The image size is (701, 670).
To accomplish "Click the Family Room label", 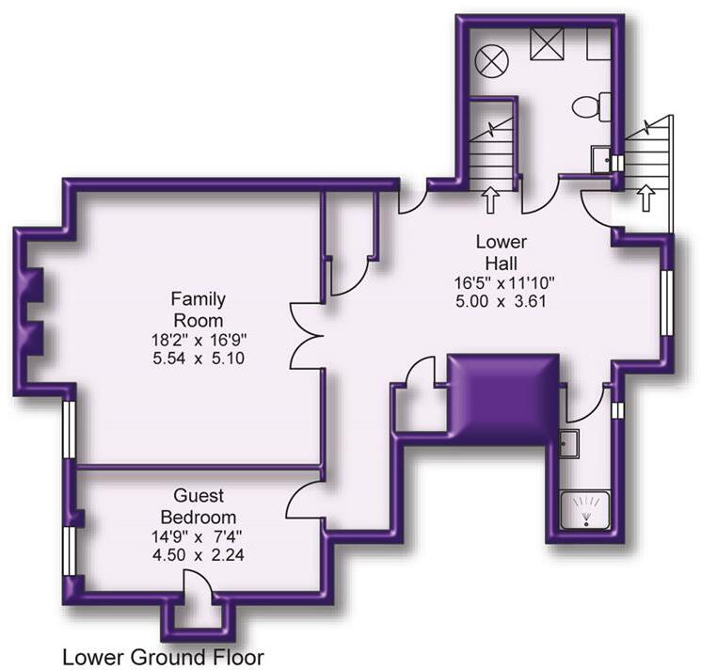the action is click(x=198, y=310).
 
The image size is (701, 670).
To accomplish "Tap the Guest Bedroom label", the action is click(x=199, y=506).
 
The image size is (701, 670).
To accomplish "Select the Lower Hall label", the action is click(x=502, y=252).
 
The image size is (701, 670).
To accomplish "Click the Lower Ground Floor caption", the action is click(x=163, y=658).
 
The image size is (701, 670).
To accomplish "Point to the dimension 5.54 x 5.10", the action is click(x=199, y=359).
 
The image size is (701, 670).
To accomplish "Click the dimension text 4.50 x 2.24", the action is click(x=199, y=554).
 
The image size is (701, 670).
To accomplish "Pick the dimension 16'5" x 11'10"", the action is click(x=504, y=282).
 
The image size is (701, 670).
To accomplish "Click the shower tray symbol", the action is click(x=585, y=510).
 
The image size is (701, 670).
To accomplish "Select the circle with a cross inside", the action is click(x=491, y=62).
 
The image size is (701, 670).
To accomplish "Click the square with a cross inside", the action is click(x=547, y=43).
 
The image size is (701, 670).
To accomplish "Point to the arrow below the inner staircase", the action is click(x=491, y=199).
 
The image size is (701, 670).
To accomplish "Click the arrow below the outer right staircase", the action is click(x=646, y=198).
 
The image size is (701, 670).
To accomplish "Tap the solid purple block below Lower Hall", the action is click(x=503, y=399).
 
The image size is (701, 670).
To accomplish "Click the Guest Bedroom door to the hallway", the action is click(x=304, y=500).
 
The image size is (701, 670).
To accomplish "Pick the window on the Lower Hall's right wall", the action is click(x=666, y=303).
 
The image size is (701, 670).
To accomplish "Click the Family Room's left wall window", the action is click(x=70, y=429).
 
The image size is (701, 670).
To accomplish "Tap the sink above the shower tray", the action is click(x=568, y=443).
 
